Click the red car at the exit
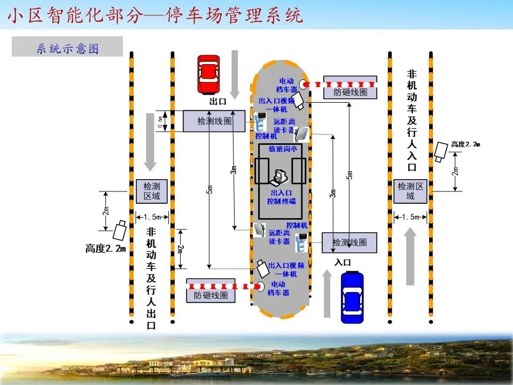point(208,74)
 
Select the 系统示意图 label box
point(67,48)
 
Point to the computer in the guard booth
point(280,176)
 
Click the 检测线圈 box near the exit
point(214,121)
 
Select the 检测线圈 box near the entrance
point(349,242)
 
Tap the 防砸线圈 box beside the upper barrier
point(351,91)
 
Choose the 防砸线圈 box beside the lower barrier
point(211,295)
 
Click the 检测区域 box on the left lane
point(152,191)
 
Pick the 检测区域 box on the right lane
point(410,191)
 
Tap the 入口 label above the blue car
point(343,262)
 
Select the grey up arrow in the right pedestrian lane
point(410,256)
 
